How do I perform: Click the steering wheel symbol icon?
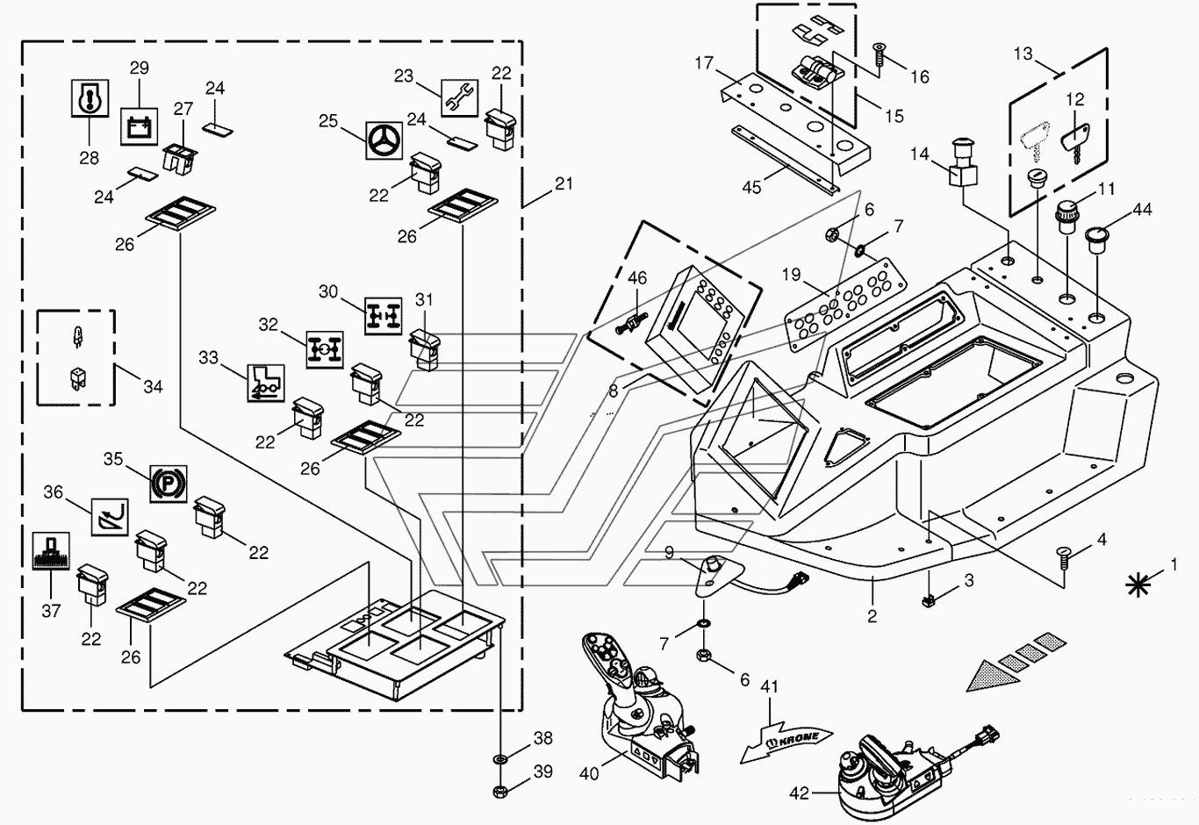coord(384,140)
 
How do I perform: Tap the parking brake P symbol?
coord(168,484)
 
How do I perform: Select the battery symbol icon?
coord(140,126)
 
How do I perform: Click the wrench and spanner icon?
coord(459,98)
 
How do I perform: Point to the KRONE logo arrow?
coord(786,742)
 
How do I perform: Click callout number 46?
coord(637,278)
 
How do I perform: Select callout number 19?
coord(791,275)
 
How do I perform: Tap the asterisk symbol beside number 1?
coord(1138,585)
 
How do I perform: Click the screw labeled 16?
coord(879,54)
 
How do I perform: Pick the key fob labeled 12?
coord(1076,141)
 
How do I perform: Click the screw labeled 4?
coord(1063,561)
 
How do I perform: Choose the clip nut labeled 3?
coord(928,600)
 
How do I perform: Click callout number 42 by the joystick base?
coord(799,793)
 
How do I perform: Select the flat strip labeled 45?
coord(785,160)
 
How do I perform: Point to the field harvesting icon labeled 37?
coord(51,551)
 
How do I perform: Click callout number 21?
coord(564,183)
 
